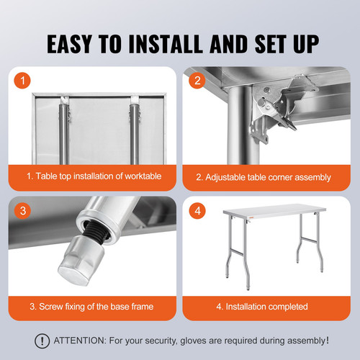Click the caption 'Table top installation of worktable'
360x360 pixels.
(94, 176)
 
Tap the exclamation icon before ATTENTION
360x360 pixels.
(44, 341)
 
